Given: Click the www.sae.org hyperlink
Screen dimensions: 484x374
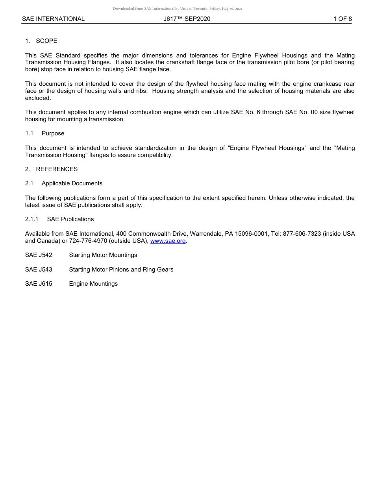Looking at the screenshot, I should click(168, 241).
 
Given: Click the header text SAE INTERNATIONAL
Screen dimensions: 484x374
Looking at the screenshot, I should click(53, 19).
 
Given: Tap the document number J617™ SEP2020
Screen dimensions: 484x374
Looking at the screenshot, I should click(187, 19).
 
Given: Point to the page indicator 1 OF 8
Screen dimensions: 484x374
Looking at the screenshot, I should click(343, 19).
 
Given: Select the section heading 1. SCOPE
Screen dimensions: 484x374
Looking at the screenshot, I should click(41, 41).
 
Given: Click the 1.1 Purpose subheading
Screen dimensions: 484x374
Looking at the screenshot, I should click(45, 133).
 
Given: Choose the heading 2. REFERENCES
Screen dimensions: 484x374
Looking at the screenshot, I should click(52, 169).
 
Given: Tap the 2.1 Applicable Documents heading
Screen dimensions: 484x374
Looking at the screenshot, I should click(64, 183).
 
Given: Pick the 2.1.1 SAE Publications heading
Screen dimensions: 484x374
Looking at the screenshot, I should click(59, 219).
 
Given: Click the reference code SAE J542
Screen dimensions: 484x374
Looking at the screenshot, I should click(39, 255).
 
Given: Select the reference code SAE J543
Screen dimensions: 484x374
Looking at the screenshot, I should click(39, 270).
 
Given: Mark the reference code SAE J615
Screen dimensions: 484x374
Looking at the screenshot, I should click(39, 284).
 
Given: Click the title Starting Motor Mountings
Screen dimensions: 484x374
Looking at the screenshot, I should click(103, 255).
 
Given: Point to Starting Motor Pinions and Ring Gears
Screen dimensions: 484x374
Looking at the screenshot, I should click(121, 270).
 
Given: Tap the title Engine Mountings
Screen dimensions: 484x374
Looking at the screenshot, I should click(93, 284).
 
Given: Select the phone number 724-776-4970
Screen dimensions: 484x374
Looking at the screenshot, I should click(89, 241).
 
